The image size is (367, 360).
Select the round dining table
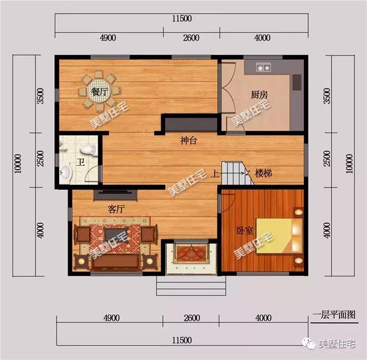(x=101, y=92)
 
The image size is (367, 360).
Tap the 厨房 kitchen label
(x=259, y=95)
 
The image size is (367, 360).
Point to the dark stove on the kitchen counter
(x=296, y=83)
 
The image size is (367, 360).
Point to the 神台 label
(x=188, y=141)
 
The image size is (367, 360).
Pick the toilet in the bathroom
(x=87, y=149)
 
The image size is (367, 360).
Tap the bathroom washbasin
(x=67, y=172)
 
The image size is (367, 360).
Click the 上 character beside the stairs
(x=214, y=173)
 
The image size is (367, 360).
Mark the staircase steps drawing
(x=237, y=172)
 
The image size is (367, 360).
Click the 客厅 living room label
(x=116, y=209)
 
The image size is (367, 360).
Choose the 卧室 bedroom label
(x=244, y=230)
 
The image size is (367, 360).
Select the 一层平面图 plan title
(x=334, y=315)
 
